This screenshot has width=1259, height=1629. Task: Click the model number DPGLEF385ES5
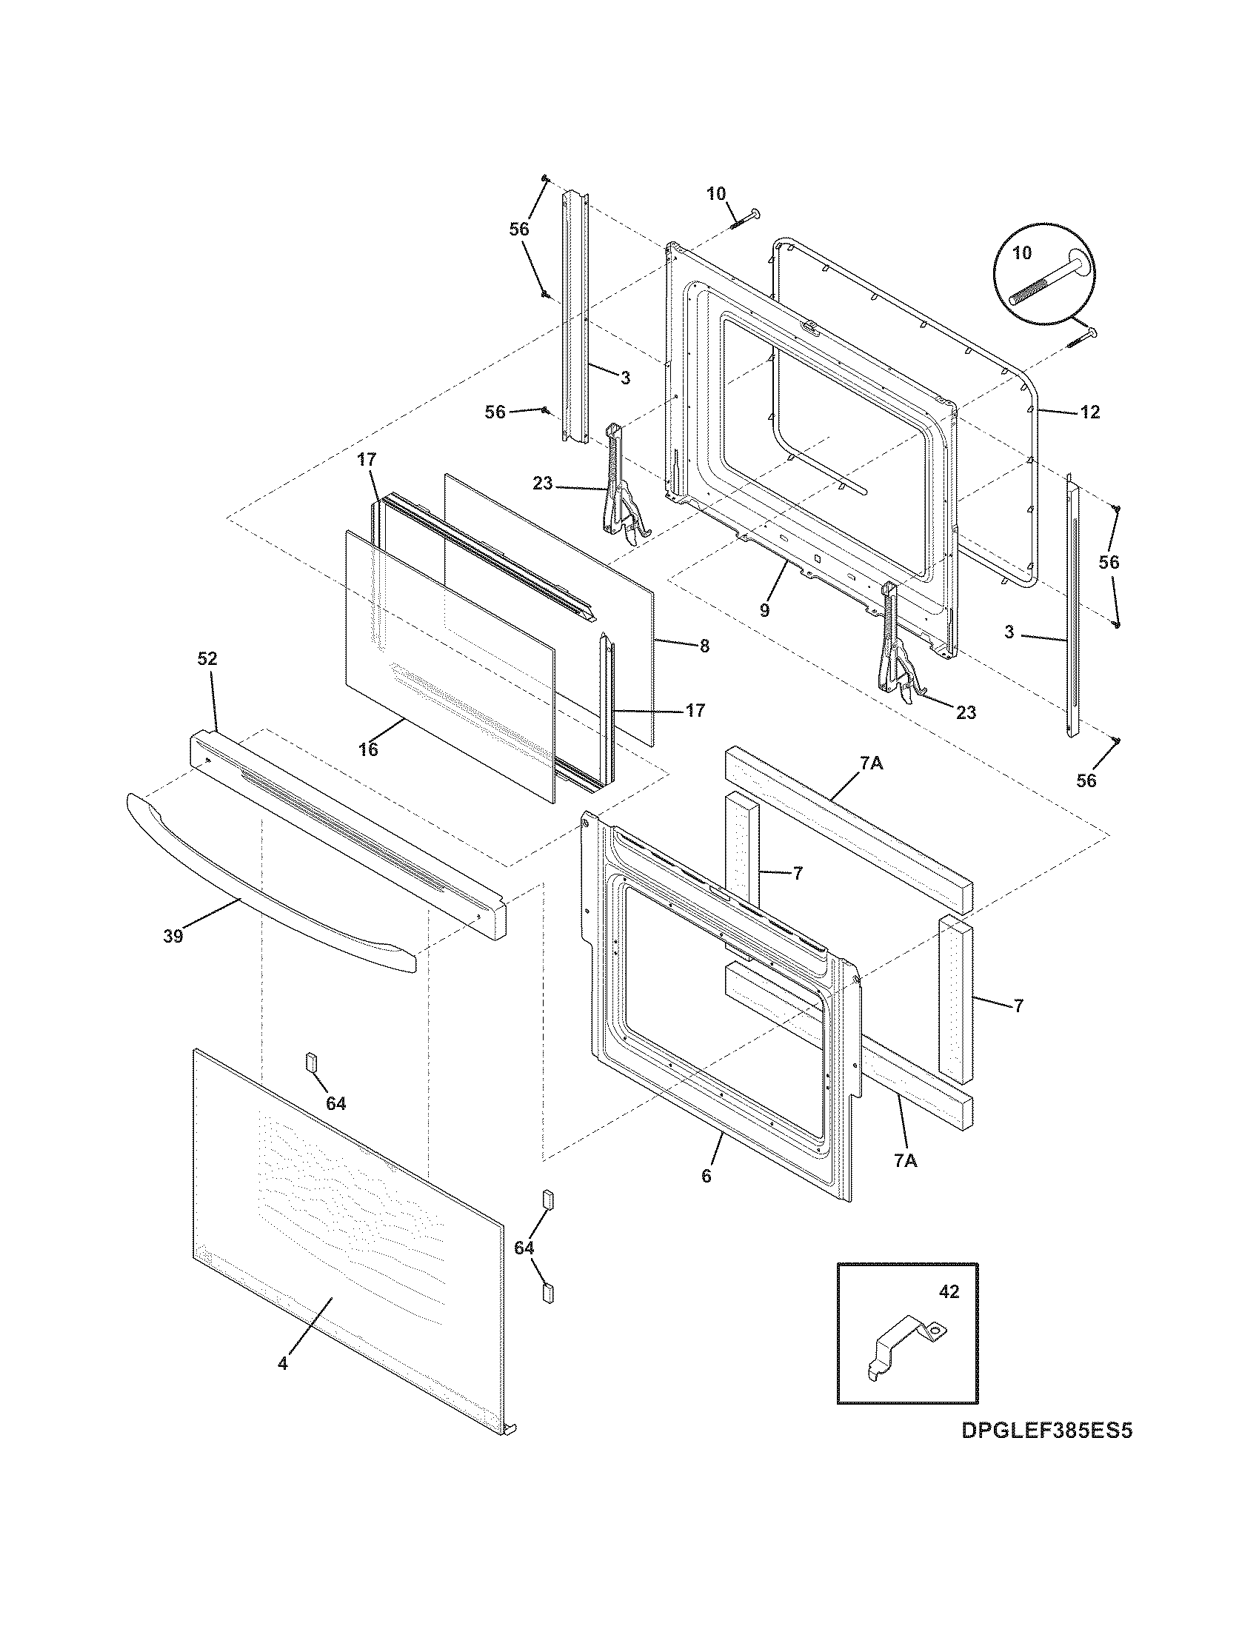[1046, 1431]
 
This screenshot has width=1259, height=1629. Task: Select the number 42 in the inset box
[948, 1292]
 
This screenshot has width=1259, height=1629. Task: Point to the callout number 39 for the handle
[173, 936]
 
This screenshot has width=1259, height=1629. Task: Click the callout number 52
[207, 658]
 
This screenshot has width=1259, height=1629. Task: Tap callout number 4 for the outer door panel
[283, 1363]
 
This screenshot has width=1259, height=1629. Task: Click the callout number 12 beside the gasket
[1089, 412]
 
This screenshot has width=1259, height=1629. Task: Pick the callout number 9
[764, 610]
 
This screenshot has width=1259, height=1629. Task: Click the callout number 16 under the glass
[369, 749]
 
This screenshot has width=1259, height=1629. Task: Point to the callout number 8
[704, 646]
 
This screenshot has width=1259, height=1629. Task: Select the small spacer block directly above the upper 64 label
[311, 1061]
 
